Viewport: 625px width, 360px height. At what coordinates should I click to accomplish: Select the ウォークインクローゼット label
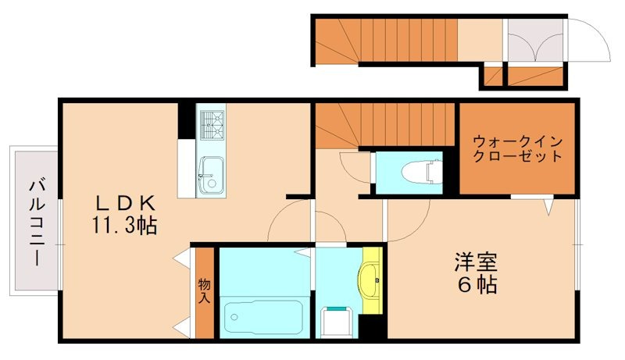coord(517,148)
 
